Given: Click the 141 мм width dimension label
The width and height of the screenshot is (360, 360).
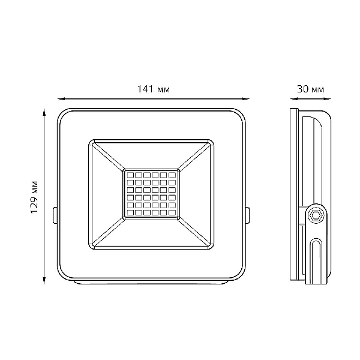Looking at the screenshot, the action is click(154, 89).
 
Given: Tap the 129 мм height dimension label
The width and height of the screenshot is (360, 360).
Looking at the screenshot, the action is click(34, 197).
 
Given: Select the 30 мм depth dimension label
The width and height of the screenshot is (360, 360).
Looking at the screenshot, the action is click(310, 89).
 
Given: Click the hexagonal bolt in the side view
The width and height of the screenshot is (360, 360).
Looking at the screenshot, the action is click(314, 216).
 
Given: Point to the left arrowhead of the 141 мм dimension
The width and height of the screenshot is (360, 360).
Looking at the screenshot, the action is click(61, 99).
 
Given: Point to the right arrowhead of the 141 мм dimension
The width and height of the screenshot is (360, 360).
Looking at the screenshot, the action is click(246, 99).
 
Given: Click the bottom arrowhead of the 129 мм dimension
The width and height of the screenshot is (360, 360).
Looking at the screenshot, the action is click(44, 281).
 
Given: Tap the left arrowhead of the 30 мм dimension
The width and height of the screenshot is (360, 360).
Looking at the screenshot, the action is click(293, 99).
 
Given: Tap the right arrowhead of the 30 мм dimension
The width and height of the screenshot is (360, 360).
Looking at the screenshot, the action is click(328, 99).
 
